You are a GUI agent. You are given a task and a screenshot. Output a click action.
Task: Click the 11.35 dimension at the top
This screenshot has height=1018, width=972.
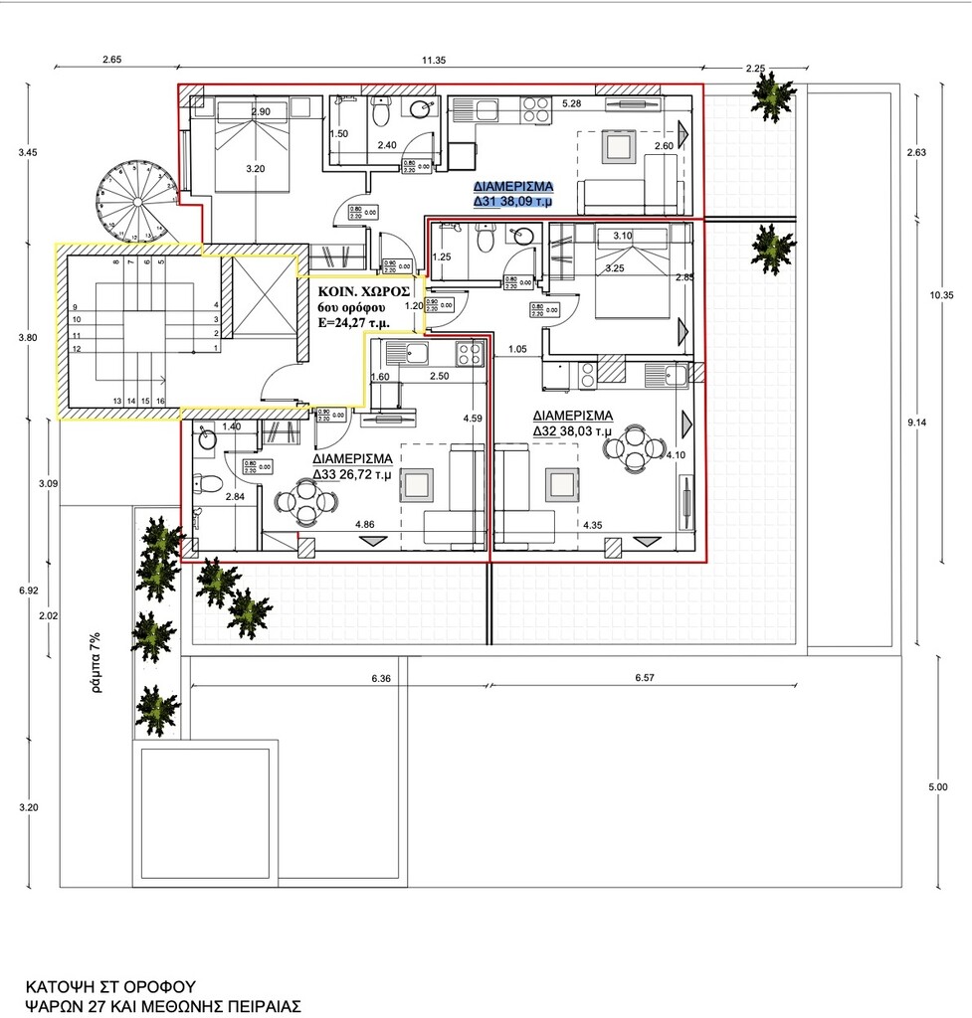coord(433,61)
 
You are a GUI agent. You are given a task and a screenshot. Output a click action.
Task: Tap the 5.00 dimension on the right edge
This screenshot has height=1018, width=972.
coord(937,787)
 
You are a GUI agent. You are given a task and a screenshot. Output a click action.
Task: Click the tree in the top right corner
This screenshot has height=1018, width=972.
coord(770,97)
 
